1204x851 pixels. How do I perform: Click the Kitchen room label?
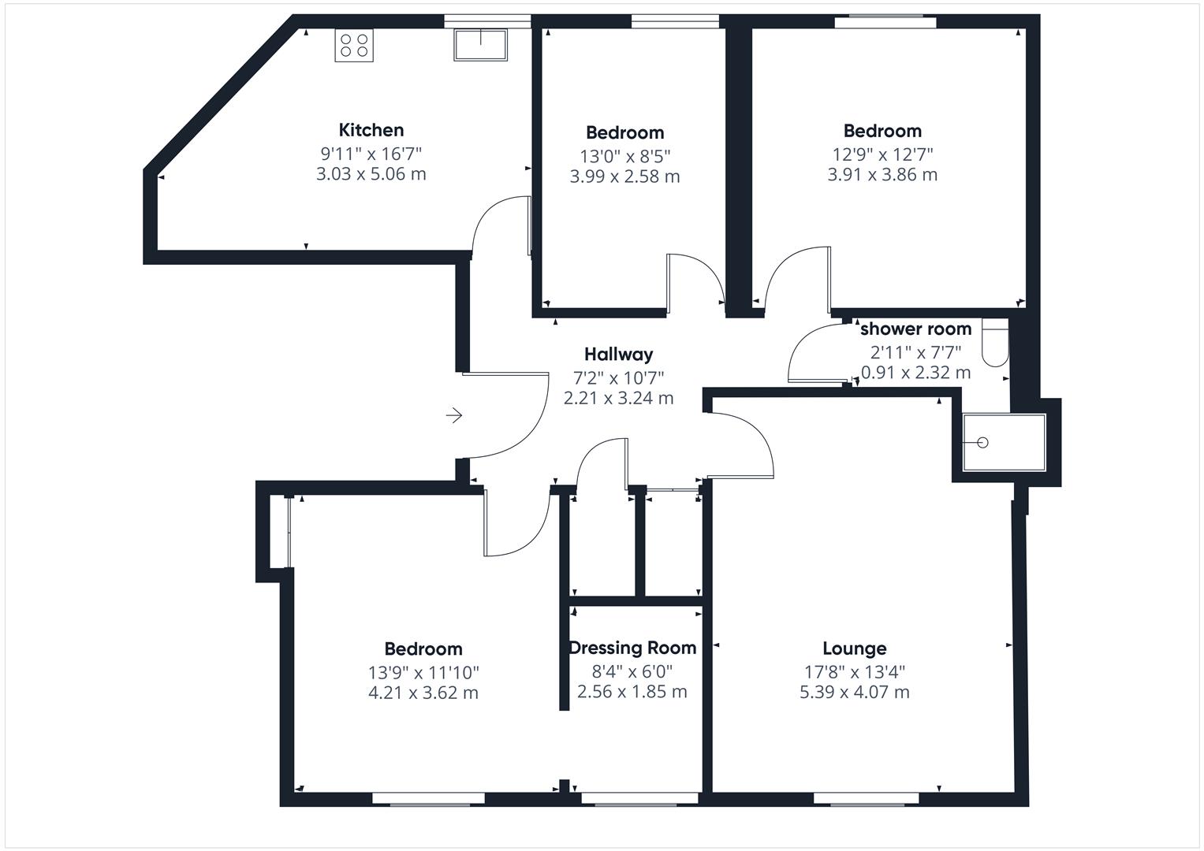pos(371,130)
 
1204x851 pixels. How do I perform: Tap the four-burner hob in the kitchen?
pos(354,46)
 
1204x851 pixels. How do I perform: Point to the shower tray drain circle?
pos(982,443)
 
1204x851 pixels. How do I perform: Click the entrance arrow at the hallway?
pos(454,415)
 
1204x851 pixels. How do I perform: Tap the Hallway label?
pos(618,355)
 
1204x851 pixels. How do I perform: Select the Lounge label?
pos(854,648)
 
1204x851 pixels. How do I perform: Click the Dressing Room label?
pos(632,648)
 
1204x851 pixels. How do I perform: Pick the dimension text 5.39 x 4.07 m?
pos(854,693)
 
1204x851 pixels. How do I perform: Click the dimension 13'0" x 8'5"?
pos(624,156)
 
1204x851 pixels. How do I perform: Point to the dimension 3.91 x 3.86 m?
pos(882,175)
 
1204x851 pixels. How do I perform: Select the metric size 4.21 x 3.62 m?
pos(423,693)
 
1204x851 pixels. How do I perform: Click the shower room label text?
pos(915,329)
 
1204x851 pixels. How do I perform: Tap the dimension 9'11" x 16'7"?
pos(371,153)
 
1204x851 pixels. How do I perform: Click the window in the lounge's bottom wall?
pos(867,799)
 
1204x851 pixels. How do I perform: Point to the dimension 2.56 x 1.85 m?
pos(632,692)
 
